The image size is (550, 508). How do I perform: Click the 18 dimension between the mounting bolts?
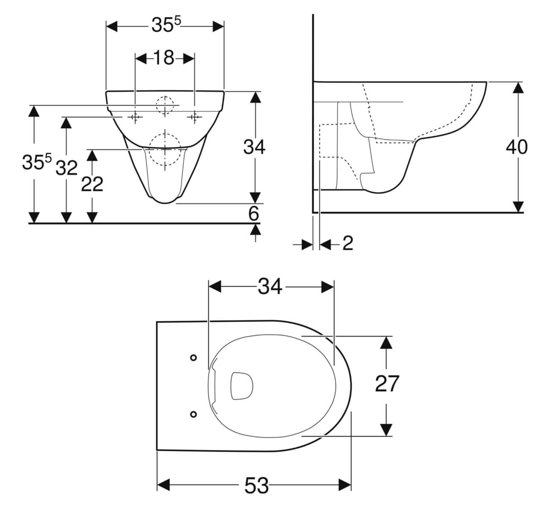click(x=164, y=58)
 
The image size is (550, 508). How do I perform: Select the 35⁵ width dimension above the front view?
click(x=165, y=26)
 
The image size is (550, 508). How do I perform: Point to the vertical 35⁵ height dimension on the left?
click(x=36, y=163)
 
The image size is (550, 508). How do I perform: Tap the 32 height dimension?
click(x=67, y=168)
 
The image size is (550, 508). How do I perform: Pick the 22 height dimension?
click(x=92, y=184)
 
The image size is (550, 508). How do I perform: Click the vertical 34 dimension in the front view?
click(x=254, y=147)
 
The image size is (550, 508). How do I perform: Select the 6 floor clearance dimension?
click(x=253, y=214)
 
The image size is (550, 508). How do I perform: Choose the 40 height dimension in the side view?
click(x=517, y=147)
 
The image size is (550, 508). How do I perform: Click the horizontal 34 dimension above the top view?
click(x=270, y=287)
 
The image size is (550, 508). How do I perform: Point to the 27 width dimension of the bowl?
click(x=387, y=384)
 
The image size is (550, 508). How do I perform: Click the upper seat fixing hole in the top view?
click(x=193, y=358)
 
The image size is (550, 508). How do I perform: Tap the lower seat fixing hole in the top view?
click(x=193, y=414)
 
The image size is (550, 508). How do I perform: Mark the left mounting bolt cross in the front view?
click(x=135, y=117)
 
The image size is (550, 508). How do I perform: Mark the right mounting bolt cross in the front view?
click(x=195, y=117)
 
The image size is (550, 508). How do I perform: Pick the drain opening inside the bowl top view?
click(x=242, y=386)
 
